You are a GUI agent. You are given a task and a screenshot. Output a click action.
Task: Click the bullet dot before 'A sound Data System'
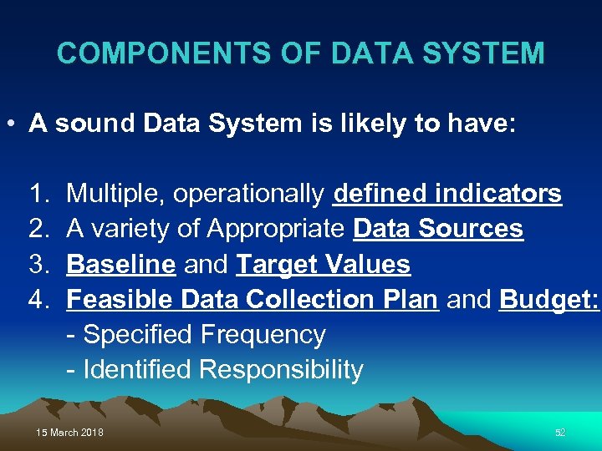(11, 125)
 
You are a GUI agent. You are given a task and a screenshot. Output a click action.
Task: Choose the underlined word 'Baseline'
(120, 265)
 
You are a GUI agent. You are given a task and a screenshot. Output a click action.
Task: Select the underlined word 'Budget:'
(548, 300)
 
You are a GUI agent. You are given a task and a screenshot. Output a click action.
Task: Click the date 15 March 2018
(70, 433)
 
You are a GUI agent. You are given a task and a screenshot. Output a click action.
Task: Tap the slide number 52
(560, 433)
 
